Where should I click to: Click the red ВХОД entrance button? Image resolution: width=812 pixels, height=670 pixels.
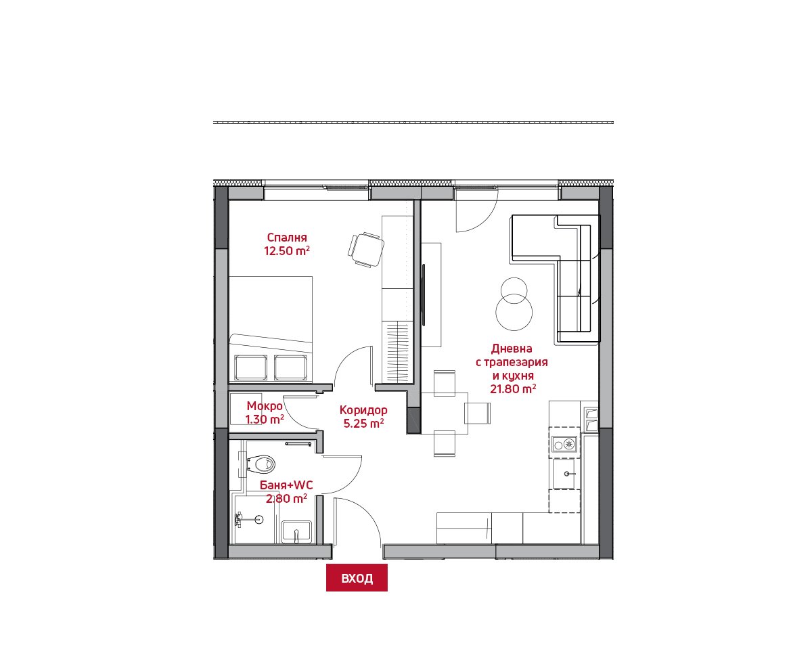tap(357, 578)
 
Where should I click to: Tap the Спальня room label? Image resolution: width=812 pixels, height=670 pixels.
tap(287, 238)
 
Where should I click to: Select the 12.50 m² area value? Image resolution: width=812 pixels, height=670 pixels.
tap(287, 250)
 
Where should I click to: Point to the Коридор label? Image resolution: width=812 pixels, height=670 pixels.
tap(363, 409)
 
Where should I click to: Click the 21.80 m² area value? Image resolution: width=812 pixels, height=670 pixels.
tap(513, 388)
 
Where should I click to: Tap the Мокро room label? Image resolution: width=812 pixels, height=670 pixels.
tap(265, 406)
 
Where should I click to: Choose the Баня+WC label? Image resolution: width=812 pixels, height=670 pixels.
tap(286, 485)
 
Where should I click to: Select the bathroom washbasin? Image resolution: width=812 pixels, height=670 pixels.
tap(296, 532)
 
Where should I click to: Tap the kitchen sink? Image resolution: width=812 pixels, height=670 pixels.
tap(564, 474)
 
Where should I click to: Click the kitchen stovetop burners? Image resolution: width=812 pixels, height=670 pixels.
tap(564, 445)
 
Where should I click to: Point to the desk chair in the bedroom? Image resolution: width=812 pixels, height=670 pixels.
tap(366, 249)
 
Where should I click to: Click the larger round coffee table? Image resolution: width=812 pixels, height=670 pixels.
tap(514, 312)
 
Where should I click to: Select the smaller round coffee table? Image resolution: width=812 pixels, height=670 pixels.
tap(514, 290)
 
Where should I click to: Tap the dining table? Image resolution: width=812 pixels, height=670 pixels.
tap(445, 414)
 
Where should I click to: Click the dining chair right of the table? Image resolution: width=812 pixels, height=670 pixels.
tap(477, 414)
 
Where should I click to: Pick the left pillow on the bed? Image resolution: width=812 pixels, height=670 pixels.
tap(251, 367)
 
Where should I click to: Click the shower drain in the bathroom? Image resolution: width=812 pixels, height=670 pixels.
tap(259, 519)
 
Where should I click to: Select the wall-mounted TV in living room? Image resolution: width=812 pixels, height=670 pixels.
tap(424, 294)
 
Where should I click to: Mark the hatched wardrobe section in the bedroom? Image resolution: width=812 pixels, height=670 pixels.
tap(397, 352)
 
